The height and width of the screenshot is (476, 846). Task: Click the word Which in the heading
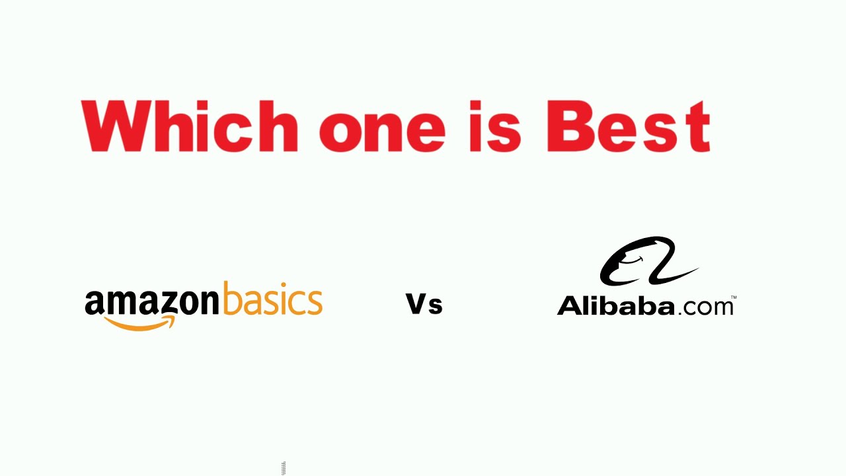pos(189,126)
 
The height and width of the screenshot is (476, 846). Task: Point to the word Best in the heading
pos(629,126)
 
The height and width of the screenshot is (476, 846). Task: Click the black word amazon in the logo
pos(151,302)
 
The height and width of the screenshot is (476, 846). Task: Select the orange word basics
pos(272,301)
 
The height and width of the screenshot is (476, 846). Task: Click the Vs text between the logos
pos(424,304)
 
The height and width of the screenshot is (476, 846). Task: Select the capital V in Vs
pos(416,303)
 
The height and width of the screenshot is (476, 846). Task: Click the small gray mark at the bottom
pos(283,468)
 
